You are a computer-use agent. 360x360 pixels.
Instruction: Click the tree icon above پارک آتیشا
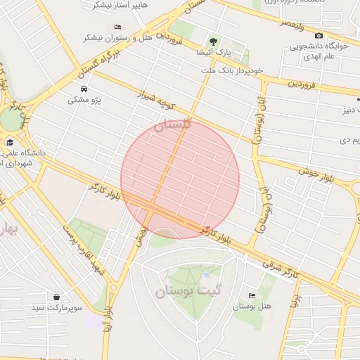214,41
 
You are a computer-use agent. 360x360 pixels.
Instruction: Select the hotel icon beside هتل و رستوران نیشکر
117,27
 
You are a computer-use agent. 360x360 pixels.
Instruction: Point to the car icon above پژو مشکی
84,89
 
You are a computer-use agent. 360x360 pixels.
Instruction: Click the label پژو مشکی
84,101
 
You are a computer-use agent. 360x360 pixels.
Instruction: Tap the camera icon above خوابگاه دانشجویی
319,36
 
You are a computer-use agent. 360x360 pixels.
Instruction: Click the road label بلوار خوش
314,172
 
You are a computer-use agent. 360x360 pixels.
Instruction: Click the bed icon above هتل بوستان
252,295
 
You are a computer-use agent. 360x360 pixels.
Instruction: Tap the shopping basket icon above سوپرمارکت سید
56,297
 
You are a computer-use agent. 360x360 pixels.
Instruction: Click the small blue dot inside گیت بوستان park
206,274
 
